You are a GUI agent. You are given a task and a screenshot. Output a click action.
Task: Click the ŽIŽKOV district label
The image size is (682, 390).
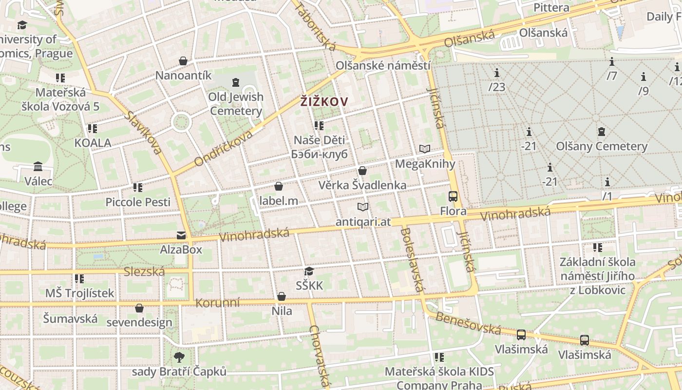point(324,101)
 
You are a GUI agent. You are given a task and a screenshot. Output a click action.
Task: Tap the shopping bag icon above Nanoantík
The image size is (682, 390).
point(183,61)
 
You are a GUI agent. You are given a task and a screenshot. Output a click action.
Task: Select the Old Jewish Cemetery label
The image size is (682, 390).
point(236,104)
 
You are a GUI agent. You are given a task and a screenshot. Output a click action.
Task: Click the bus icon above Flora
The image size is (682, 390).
point(453,196)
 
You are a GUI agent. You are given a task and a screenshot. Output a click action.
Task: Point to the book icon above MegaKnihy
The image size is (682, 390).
point(425,149)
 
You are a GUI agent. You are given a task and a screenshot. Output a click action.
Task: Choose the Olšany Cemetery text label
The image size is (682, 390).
point(602,146)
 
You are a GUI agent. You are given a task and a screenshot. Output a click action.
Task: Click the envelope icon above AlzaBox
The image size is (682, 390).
point(181,235)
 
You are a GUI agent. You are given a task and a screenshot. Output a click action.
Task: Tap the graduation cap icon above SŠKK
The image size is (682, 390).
point(309,271)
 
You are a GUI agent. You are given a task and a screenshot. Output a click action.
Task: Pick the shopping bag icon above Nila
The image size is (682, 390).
point(282,296)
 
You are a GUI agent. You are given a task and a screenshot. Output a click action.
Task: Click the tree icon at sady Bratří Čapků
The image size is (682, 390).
point(179,357)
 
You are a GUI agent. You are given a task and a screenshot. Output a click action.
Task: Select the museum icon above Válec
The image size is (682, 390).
point(38,167)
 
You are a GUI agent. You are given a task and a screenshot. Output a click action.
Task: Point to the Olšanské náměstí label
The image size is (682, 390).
point(383,66)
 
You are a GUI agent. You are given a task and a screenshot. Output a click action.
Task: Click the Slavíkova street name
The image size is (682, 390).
point(143,133)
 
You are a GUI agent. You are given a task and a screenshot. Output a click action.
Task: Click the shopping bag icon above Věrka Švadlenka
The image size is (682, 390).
point(362,171)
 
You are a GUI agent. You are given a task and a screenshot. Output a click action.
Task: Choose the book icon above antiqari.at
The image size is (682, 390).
point(363,207)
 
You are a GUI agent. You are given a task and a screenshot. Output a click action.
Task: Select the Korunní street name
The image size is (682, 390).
point(218,303)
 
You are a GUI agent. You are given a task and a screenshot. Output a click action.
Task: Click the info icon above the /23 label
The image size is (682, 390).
point(497,73)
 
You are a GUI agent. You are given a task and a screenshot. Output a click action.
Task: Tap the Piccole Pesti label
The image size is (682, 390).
point(138,202)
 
